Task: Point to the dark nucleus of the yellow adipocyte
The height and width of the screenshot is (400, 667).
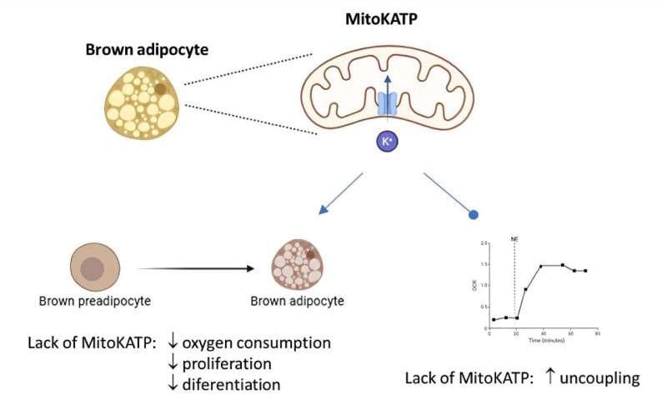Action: pyautogui.click(x=160, y=89)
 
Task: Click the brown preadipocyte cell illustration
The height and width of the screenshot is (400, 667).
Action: pyautogui.click(x=92, y=269)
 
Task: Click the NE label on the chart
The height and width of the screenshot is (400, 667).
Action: pyautogui.click(x=515, y=238)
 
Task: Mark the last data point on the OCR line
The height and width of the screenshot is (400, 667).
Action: pyautogui.click(x=585, y=271)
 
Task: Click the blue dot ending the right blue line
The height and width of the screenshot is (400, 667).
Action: pyautogui.click(x=474, y=215)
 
